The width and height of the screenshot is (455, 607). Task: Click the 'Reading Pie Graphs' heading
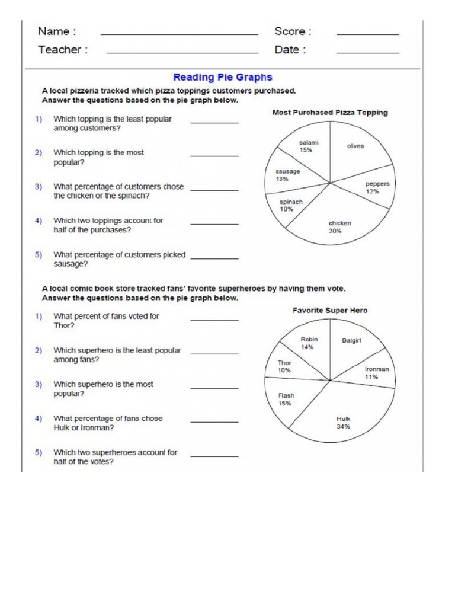(222, 77)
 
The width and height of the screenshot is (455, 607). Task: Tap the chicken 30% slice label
(339, 227)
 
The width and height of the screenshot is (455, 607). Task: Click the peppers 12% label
(377, 187)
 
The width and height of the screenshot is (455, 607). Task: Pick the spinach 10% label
(290, 205)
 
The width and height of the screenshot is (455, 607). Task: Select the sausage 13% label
(288, 175)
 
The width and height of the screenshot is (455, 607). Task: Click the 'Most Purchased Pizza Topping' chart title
(330, 113)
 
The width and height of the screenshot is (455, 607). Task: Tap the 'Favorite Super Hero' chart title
(330, 310)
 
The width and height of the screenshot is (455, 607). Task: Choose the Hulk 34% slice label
(344, 422)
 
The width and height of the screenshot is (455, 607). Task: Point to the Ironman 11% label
(376, 372)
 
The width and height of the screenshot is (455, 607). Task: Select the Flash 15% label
(286, 399)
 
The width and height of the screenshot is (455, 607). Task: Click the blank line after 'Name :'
(179, 34)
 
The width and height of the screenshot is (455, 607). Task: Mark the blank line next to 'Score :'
(367, 34)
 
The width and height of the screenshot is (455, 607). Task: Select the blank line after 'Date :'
(367, 53)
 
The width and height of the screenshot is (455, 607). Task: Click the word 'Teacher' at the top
(60, 50)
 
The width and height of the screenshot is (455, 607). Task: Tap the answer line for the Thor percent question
(214, 320)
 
